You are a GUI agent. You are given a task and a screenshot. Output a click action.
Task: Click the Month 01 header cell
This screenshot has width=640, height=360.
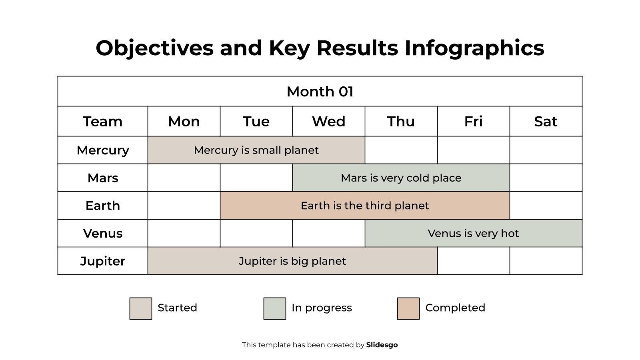click(x=320, y=91)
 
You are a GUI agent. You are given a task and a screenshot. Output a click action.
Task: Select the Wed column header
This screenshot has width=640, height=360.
click(x=328, y=121)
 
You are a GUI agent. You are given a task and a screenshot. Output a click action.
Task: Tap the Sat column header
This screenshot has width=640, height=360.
click(x=546, y=121)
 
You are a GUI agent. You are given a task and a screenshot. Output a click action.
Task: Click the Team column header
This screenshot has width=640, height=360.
click(x=103, y=121)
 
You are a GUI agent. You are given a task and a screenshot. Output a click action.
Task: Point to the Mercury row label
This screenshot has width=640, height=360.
click(x=103, y=150)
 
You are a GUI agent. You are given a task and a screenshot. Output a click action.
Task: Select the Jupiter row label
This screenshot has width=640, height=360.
click(x=103, y=261)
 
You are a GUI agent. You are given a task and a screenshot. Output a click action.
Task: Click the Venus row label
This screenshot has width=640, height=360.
click(x=103, y=233)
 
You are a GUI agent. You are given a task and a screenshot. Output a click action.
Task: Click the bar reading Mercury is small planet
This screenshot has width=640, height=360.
click(x=256, y=150)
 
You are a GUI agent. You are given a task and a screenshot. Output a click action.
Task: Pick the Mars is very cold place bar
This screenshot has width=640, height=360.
click(x=401, y=178)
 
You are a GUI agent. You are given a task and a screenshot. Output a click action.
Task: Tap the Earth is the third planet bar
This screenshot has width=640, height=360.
click(x=364, y=206)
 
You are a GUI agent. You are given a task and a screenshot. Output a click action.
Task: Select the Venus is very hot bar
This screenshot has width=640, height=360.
click(x=473, y=233)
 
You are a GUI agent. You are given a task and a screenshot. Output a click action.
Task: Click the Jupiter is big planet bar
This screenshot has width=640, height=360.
click(x=292, y=261)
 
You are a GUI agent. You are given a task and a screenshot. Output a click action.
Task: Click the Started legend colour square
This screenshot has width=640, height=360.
click(x=141, y=308)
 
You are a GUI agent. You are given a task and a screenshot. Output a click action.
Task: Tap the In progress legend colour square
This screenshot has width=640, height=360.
click(x=275, y=308)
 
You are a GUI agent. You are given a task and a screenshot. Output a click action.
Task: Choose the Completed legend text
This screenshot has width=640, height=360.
click(x=455, y=308)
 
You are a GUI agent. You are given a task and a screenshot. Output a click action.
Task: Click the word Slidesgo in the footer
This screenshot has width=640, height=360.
click(x=382, y=345)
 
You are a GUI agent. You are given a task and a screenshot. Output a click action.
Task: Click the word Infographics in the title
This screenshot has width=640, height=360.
click(x=474, y=48)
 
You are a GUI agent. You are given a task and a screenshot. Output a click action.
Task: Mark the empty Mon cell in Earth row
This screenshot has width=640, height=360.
click(x=184, y=206)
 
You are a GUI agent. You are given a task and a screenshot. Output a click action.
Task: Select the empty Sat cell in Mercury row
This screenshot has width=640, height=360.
click(x=546, y=150)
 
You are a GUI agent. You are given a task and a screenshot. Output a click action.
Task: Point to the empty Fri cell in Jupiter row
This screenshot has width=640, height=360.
click(x=473, y=261)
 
